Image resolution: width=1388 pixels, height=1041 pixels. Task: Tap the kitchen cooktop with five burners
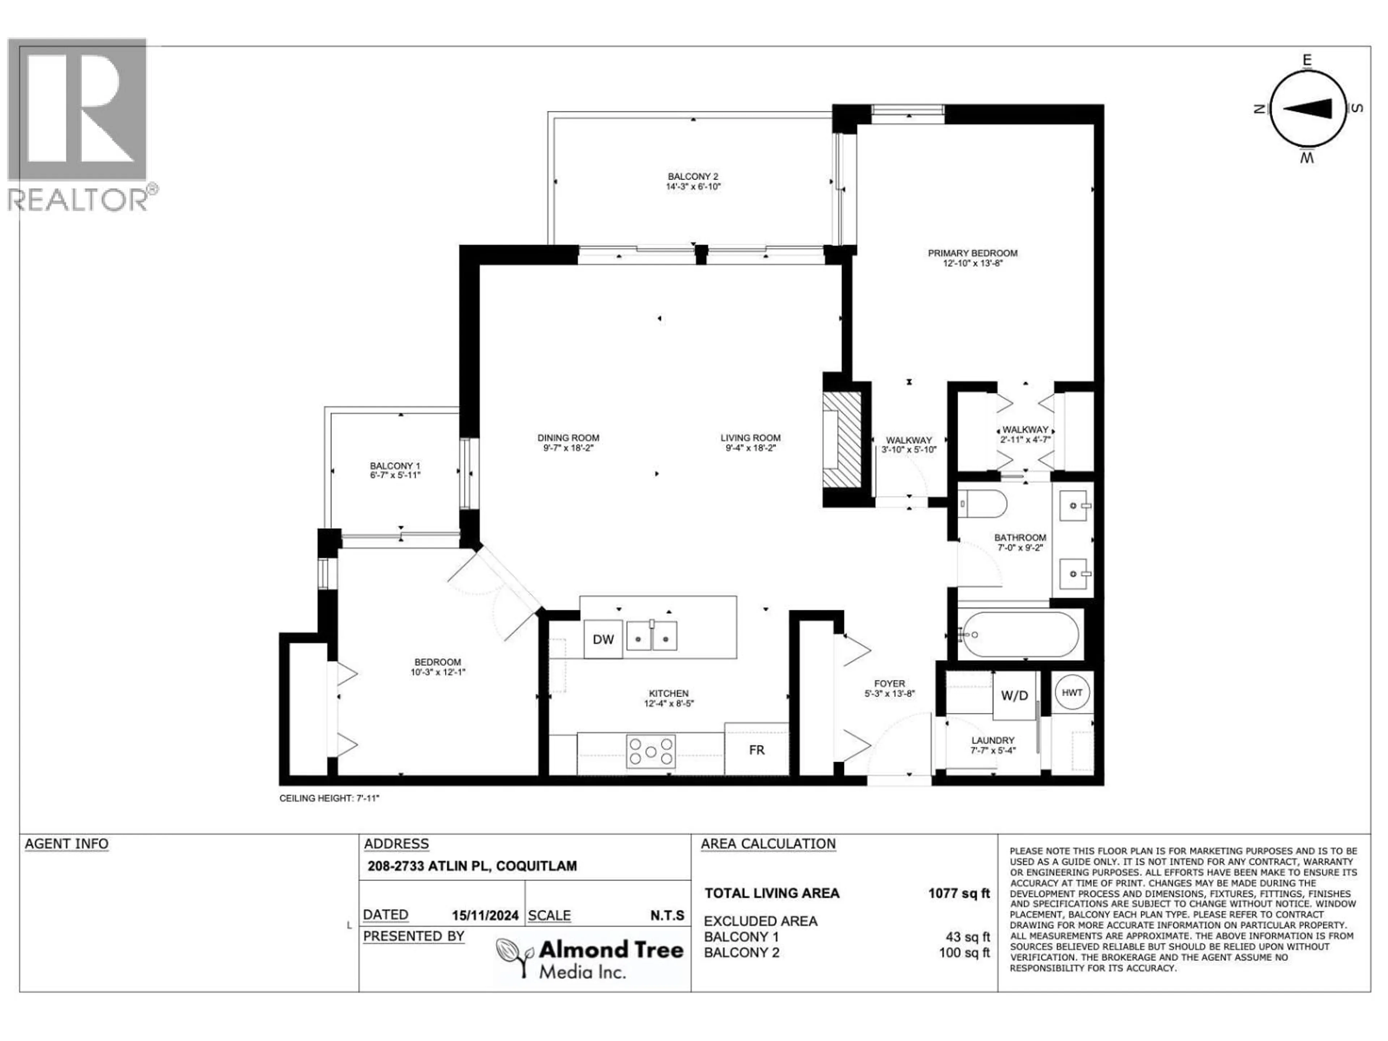coord(651,751)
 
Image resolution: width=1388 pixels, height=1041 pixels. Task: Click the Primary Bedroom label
coord(973,253)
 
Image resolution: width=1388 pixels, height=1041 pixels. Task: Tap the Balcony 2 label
coord(693,177)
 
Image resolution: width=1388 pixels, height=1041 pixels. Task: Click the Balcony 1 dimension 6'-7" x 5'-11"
coord(395,476)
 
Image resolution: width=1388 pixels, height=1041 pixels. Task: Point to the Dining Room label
coord(568,438)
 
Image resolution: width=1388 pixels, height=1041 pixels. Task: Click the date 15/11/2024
coord(485,916)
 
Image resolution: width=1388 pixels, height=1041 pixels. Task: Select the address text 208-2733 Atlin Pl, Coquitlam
coord(472,866)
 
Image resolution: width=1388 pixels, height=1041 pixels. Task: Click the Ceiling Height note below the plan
coord(329,798)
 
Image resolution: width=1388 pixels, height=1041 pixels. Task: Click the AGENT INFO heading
coord(67,844)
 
